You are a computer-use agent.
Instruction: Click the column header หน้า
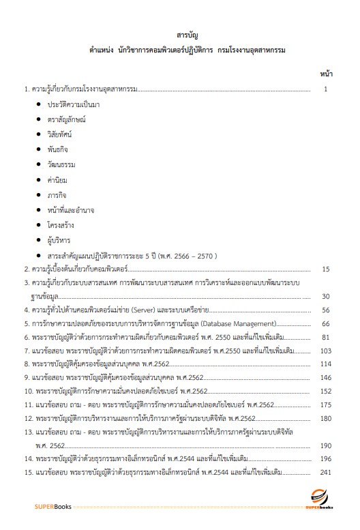(325, 73)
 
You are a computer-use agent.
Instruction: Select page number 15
(325, 269)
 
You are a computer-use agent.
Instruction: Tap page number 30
(325, 296)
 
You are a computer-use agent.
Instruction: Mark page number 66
(325, 323)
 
